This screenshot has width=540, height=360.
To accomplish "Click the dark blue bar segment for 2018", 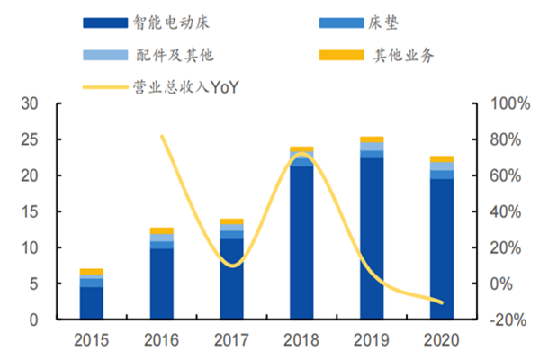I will pos(301,243).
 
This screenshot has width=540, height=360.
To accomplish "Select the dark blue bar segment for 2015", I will pos(92,302).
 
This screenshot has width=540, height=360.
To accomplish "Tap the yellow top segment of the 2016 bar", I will pos(162,230).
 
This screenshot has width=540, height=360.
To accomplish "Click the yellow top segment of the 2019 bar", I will pos(372,139).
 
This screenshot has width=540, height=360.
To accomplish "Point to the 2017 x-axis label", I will pos(232,340).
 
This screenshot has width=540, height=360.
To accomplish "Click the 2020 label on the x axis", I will pos(442,340).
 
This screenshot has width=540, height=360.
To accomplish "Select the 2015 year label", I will pos(92,340).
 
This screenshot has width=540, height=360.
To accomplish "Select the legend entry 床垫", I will pos(385,22).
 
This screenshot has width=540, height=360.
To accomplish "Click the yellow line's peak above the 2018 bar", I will pos(301,154).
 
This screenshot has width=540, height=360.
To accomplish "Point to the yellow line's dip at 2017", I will pos(232,265).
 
